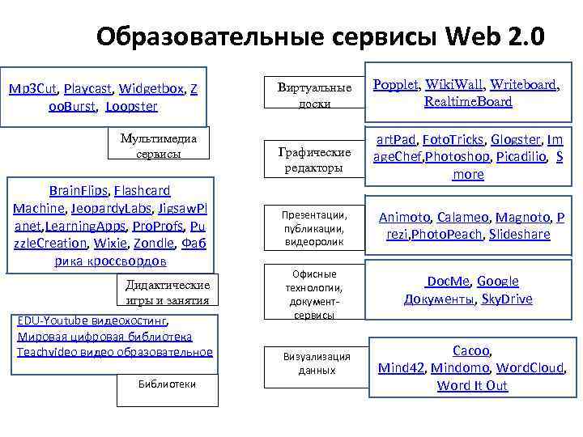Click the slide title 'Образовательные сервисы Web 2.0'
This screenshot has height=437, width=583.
click(x=320, y=37)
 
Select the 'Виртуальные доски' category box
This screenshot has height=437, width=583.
click(x=314, y=95)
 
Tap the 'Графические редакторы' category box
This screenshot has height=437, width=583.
click(x=314, y=159)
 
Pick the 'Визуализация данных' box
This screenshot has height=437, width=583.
click(x=317, y=363)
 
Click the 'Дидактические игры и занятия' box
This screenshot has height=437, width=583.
click(x=168, y=292)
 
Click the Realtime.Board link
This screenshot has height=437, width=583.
click(x=468, y=102)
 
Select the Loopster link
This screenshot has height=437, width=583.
click(x=132, y=106)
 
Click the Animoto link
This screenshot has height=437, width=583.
click(x=404, y=217)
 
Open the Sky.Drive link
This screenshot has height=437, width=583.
click(x=507, y=299)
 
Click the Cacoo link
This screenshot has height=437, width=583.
click(x=470, y=350)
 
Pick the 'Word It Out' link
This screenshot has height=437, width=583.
click(x=472, y=385)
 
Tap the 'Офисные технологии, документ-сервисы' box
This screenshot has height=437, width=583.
click(x=314, y=295)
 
